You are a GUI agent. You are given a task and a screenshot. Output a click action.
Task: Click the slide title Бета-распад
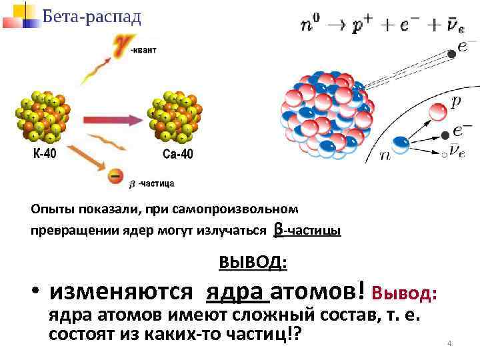click(91, 16)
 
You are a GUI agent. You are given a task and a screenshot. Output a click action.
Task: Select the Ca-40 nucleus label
click(177, 155)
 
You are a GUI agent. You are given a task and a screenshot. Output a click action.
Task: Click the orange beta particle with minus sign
click(115, 177)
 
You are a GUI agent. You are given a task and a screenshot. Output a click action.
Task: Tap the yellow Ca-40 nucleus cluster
click(175, 117)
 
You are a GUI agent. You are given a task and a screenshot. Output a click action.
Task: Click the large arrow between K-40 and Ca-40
click(110, 119)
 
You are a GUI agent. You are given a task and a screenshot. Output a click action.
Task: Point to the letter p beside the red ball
click(455, 102)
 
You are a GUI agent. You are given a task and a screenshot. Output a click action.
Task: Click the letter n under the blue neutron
click(385, 155)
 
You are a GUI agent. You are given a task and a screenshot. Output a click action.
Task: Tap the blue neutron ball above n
click(401, 143)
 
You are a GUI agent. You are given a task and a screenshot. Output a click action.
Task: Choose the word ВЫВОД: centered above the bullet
click(253, 263)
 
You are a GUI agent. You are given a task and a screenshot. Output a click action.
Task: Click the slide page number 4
click(449, 343)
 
